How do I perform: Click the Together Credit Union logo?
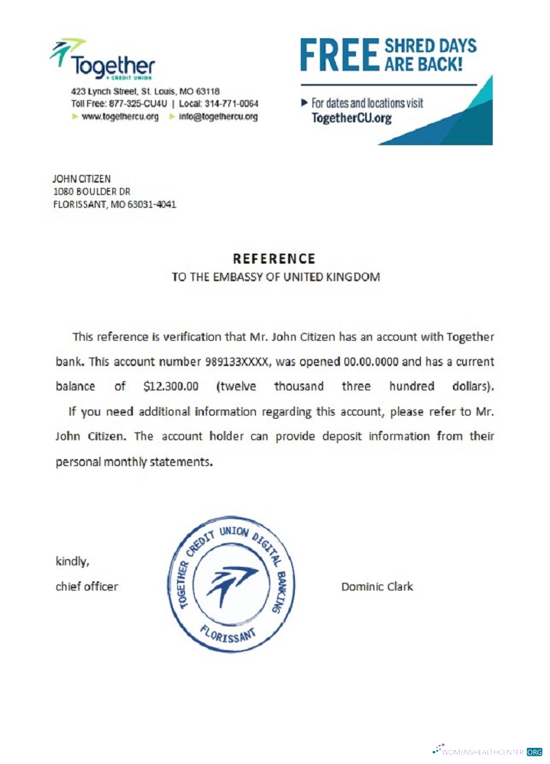102,59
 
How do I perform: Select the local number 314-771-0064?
231,104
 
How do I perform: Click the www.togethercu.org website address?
120,117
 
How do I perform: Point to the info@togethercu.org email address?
218,117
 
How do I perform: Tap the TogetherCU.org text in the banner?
352,118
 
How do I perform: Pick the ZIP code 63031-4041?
155,205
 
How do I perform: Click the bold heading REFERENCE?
273,259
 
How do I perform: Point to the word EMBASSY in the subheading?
235,277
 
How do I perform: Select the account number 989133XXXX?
238,361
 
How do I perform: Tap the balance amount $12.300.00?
171,386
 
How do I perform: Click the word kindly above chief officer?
73,562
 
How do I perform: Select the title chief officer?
87,587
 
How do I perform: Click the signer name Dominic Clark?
377,587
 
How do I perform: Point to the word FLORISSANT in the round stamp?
230,631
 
